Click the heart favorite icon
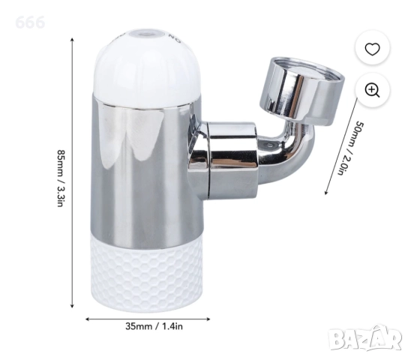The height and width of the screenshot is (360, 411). (372, 49)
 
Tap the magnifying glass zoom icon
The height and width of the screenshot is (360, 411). (373, 90)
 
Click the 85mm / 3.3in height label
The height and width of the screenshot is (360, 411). (61, 178)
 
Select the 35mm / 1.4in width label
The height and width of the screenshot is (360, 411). (154, 326)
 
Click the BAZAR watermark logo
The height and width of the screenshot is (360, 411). (365, 339)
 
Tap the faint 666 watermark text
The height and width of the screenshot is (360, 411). (30, 22)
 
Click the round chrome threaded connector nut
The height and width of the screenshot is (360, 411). (301, 91)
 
